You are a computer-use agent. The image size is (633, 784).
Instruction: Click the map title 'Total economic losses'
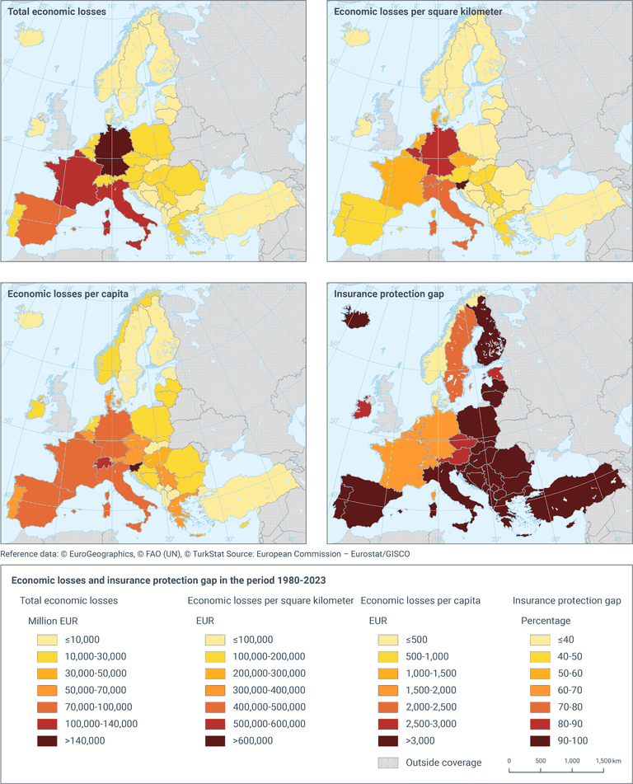62,12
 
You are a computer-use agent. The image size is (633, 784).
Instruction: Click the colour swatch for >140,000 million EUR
49,740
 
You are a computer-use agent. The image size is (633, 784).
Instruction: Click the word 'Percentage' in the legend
548,620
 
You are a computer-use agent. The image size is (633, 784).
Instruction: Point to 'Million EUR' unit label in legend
56,620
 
